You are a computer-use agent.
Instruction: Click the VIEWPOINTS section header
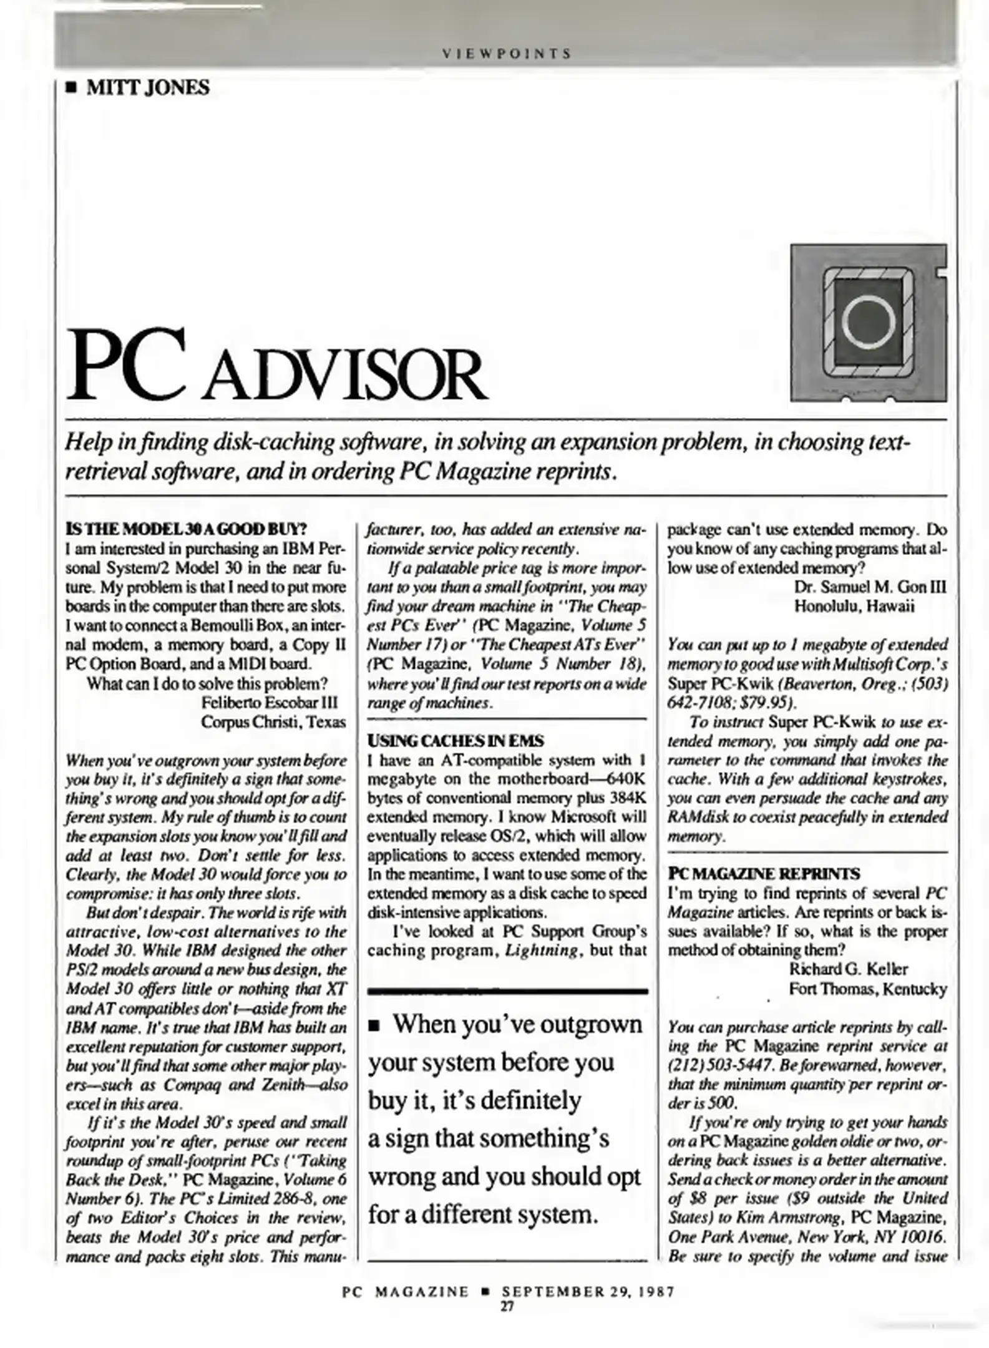506,54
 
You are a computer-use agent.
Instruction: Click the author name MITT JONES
147,87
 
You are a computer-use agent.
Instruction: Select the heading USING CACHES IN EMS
456,741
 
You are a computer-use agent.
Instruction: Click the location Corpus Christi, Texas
273,722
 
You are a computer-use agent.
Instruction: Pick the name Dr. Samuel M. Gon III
870,587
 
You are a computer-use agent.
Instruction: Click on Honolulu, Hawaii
854,607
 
